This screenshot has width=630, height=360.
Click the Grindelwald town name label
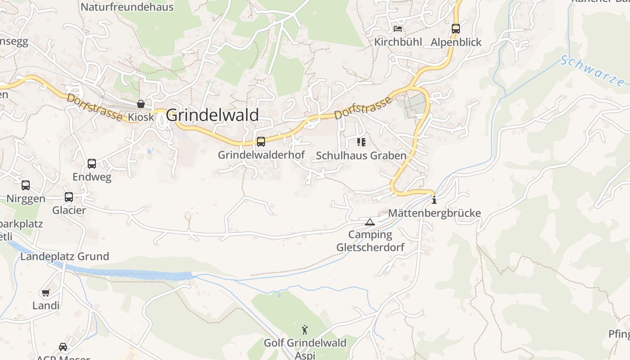(212, 115)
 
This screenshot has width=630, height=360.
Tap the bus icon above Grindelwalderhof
(261, 142)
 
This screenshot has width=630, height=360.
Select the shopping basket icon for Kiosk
(141, 104)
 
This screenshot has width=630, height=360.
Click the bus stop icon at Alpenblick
(456, 29)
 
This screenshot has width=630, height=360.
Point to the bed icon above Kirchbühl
(398, 29)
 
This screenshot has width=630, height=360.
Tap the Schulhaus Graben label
(361, 156)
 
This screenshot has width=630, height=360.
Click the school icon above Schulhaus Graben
(361, 142)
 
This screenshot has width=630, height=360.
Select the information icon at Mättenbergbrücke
(434, 200)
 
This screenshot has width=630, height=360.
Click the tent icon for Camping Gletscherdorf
(369, 222)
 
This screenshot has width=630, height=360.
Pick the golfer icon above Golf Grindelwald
(305, 330)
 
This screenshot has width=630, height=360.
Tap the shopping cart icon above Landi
(45, 293)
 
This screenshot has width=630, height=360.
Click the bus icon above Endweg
(92, 164)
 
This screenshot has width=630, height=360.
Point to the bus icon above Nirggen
(26, 185)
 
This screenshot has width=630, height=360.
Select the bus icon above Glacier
(69, 197)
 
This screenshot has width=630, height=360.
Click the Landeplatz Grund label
(65, 256)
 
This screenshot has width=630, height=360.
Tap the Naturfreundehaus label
(127, 7)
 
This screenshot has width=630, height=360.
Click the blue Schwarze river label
(593, 71)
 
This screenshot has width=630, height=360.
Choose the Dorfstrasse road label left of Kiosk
(94, 107)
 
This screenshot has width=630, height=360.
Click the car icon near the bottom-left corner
(63, 347)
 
